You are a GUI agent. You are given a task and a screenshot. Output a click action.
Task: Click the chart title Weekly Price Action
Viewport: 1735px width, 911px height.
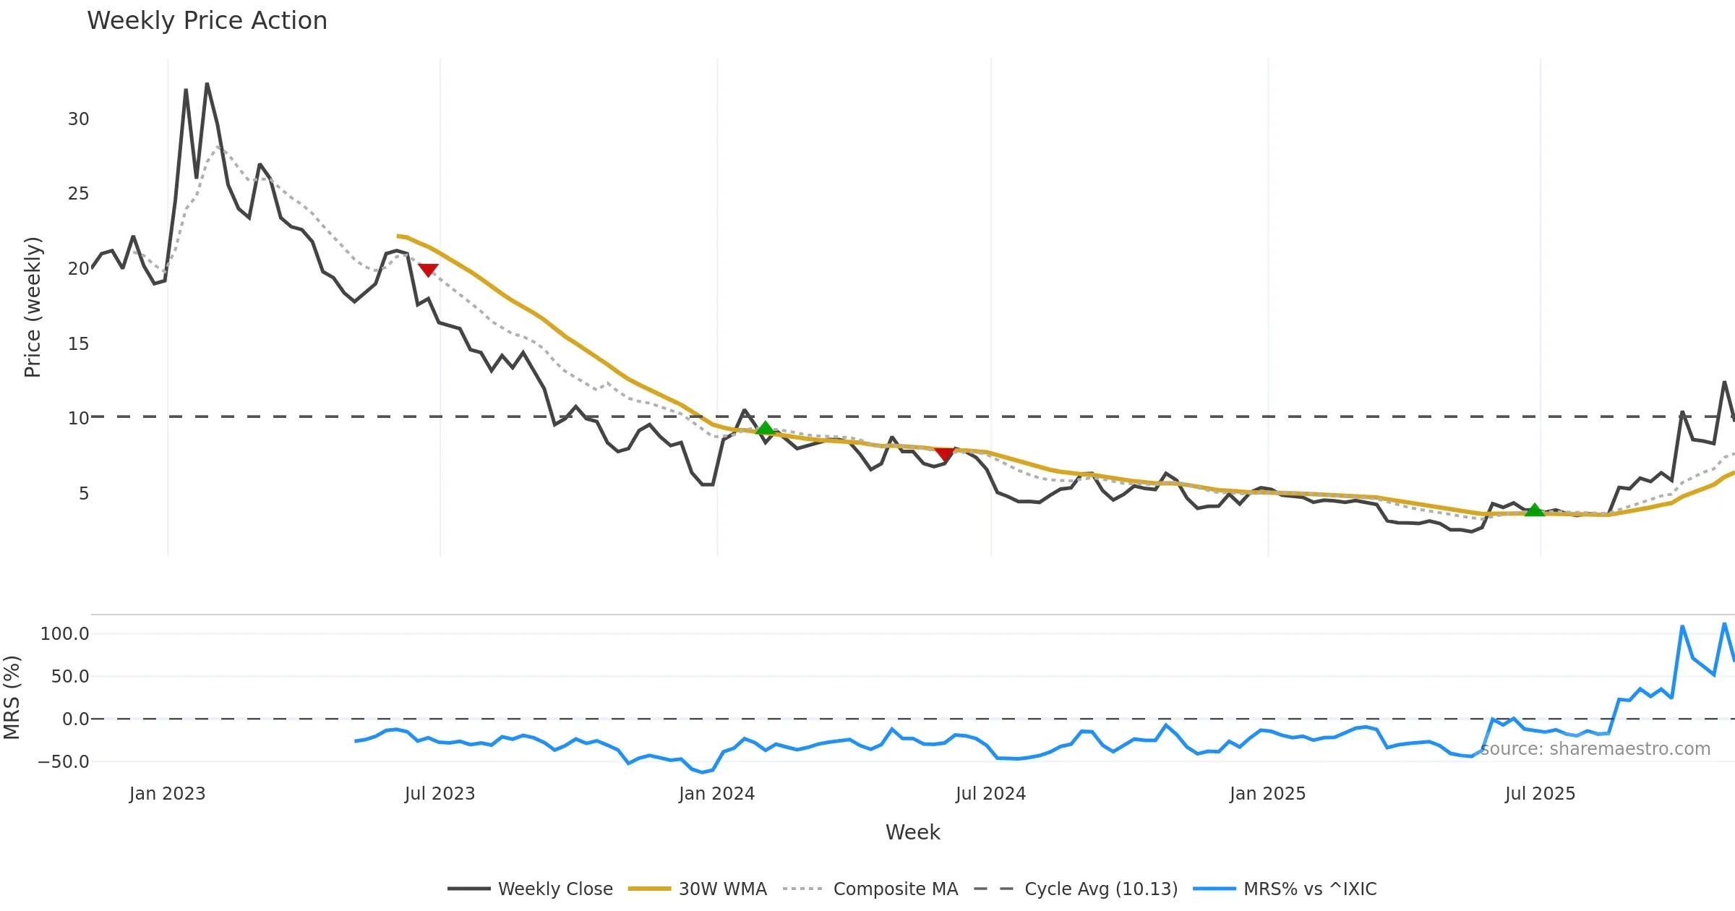[207, 21]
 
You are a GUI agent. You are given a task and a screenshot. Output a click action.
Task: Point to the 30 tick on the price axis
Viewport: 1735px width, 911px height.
[78, 119]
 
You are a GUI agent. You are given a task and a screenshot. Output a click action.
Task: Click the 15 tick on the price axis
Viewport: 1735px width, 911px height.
[78, 344]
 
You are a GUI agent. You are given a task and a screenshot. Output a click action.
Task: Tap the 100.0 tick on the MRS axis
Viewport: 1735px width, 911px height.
[65, 634]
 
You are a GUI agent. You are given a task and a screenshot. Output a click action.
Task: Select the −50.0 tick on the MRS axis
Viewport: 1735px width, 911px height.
[64, 762]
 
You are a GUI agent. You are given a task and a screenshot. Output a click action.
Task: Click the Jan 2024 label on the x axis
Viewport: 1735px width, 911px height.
[716, 794]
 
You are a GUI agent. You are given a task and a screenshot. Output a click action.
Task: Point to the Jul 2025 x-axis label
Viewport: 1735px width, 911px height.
[1540, 794]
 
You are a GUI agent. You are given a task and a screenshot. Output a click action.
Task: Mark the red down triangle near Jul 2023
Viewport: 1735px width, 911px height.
[428, 270]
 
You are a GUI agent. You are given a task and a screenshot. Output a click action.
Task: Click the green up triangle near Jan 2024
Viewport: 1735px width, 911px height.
[765, 428]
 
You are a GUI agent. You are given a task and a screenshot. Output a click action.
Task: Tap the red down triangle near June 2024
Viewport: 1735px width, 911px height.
[944, 453]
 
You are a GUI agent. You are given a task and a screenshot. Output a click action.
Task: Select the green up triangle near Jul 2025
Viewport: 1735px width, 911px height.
[1534, 510]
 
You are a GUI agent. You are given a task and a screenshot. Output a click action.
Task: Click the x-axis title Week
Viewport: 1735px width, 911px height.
[912, 833]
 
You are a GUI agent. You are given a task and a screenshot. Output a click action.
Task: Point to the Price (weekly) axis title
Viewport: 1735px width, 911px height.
[33, 307]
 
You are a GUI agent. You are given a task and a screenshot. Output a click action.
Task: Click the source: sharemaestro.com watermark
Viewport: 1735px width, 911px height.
[1595, 749]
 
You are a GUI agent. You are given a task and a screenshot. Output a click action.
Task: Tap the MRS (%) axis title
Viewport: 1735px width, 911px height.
[12, 697]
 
